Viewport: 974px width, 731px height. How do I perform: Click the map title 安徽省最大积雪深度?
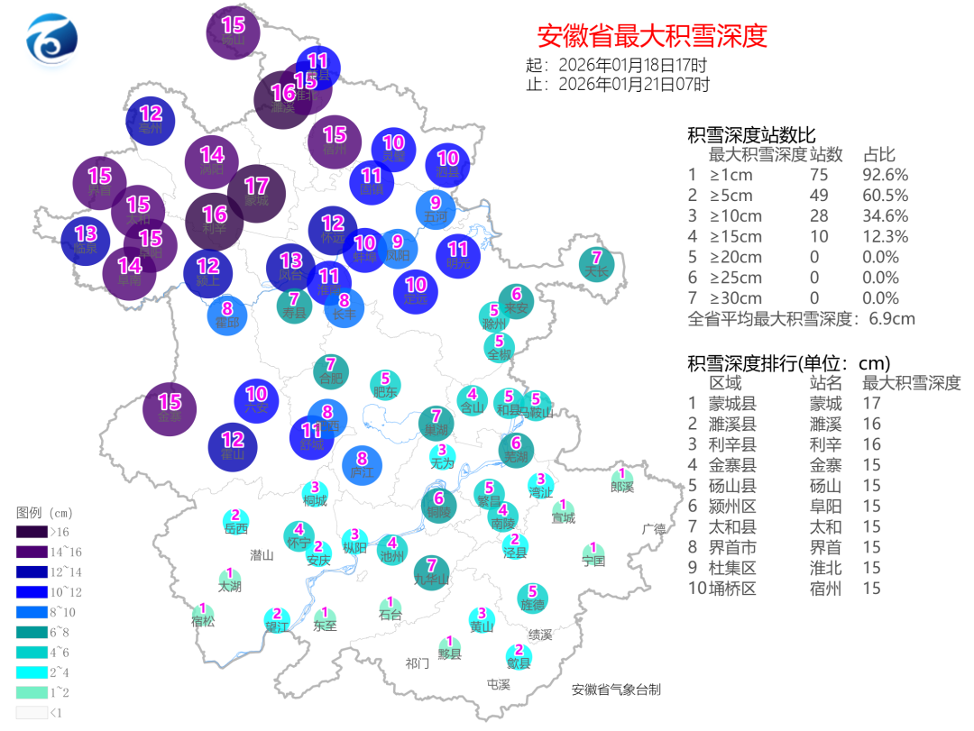pos(652,36)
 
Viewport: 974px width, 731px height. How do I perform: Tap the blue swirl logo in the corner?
pos(52,40)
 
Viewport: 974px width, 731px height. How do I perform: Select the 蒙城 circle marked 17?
pos(256,192)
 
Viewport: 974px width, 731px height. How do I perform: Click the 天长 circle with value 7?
pos(596,262)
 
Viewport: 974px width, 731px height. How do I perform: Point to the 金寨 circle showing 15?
pos(170,409)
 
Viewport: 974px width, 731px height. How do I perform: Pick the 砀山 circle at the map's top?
pos(234,32)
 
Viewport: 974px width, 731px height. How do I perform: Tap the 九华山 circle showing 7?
pos(432,571)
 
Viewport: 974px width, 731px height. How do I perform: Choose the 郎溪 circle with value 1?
pos(621,480)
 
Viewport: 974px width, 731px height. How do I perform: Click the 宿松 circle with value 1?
pos(204,614)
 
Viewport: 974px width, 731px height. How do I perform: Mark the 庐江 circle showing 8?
pos(362,464)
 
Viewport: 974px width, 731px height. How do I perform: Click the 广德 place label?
pos(653,529)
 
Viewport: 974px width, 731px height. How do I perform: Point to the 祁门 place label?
pos(418,663)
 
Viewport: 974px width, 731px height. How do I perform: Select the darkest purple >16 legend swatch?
pos(32,532)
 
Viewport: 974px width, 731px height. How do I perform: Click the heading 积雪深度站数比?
pos(751,136)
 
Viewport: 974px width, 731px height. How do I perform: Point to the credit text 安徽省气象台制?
pos(616,690)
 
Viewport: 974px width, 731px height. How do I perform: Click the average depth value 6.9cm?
pos(892,318)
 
